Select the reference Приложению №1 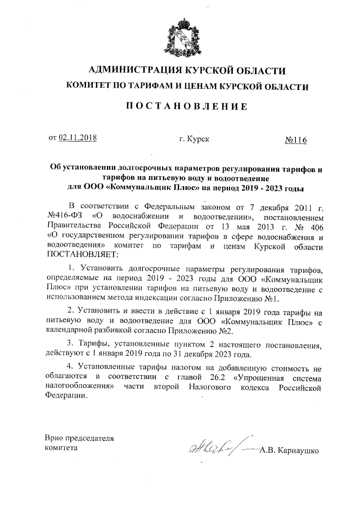click(249, 298)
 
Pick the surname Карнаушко click(294, 450)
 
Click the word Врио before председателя click(55, 438)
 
